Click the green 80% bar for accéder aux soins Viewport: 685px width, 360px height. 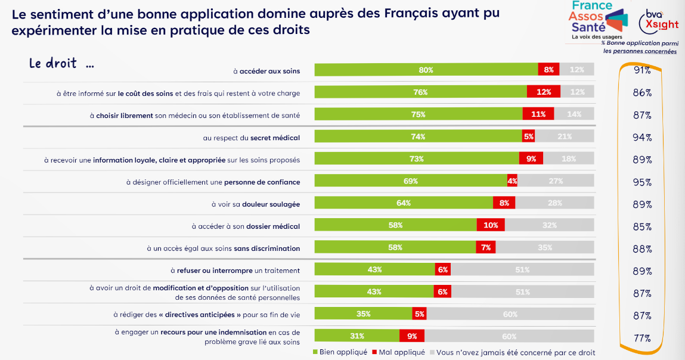point(426,70)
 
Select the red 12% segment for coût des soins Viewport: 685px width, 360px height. point(543,92)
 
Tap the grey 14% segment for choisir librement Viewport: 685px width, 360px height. point(574,114)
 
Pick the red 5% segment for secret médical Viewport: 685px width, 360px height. point(528,136)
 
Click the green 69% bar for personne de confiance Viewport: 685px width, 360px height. point(411,181)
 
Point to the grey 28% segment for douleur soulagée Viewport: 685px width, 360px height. point(555,203)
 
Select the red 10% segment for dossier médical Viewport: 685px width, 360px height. point(491,225)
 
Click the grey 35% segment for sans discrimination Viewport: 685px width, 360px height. point(545,247)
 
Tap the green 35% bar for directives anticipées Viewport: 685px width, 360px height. point(363,314)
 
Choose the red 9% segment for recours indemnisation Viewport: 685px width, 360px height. point(412,336)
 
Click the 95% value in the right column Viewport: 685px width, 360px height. point(642,182)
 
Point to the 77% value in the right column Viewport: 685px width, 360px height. point(642,338)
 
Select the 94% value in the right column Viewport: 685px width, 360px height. point(642,138)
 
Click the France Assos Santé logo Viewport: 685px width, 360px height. point(596,20)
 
